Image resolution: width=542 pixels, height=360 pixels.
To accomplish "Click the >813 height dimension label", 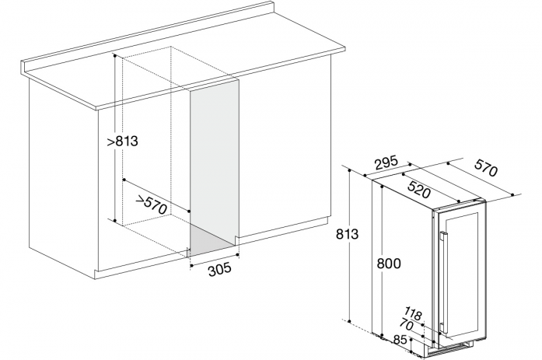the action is coord(122,141).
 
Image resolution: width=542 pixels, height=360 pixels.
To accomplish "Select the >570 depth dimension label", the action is coord(151,204).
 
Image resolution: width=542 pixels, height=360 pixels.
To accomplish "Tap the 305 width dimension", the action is coord(219,269).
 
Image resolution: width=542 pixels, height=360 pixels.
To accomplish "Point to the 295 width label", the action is coord(386,163).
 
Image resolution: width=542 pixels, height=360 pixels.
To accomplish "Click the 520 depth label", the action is coord(419,189).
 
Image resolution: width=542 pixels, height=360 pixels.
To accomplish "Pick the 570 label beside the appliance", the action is coord(486,168).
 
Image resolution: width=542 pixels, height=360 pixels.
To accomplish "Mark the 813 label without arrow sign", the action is coord(347,234).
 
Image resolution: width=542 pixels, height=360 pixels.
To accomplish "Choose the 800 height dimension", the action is coord(389,264).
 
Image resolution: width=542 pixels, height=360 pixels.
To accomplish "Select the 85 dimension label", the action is coord(400,341).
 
